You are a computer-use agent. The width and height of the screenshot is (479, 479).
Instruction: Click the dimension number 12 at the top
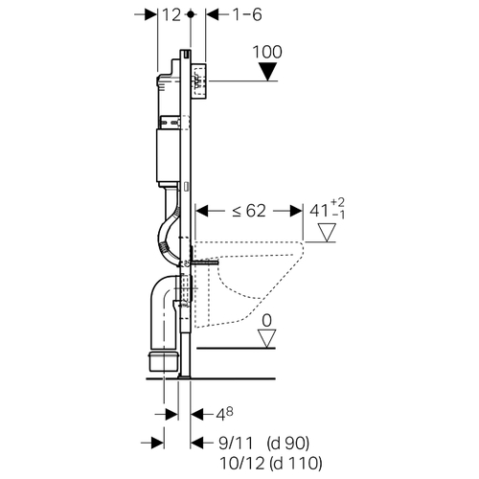point(171,15)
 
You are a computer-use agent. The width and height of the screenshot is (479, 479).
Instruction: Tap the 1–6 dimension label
point(247,14)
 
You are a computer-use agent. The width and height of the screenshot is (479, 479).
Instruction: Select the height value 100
point(267,52)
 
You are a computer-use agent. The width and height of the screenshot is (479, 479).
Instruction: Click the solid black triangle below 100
point(267,72)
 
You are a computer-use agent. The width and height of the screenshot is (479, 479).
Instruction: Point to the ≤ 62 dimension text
point(249,211)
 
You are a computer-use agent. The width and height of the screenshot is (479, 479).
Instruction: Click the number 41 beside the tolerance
point(319,211)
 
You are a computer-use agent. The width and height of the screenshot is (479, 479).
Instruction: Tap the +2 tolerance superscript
point(337,202)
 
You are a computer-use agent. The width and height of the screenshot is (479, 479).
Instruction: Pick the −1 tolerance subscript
point(338,215)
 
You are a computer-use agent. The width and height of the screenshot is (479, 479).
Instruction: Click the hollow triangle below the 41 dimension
point(327,232)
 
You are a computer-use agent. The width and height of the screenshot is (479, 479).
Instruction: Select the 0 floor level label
point(266,320)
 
